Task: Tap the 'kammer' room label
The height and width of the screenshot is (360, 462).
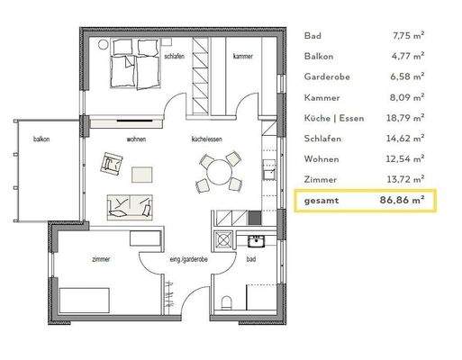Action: pos(242,57)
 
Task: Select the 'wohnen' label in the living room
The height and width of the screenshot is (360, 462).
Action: pos(136,140)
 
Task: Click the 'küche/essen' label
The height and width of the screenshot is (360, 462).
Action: pos(206,140)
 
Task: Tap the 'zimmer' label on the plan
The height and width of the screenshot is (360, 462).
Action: pos(101,259)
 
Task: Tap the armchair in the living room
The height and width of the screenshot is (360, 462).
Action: pos(112,163)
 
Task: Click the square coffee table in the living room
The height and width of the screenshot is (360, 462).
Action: pos(142,173)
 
